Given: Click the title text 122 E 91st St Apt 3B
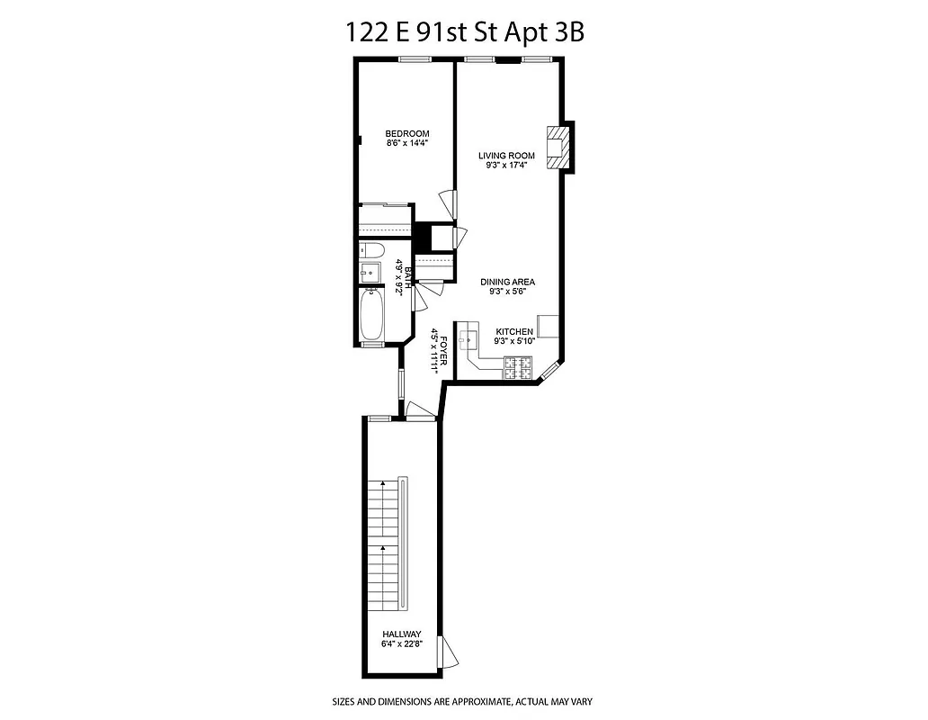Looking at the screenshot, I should [x=465, y=31].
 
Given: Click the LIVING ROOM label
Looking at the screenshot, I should [x=506, y=156].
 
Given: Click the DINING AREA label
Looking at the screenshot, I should [x=506, y=282].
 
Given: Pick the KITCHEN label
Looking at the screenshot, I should [x=513, y=331].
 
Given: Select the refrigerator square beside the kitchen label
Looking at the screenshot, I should [x=549, y=325].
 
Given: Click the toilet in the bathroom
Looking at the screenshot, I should [x=371, y=250].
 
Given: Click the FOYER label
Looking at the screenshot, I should [x=436, y=351].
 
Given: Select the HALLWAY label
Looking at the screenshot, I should [x=401, y=634].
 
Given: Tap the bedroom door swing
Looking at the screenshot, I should [x=447, y=202].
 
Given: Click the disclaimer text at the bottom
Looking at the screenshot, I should [x=462, y=701].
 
